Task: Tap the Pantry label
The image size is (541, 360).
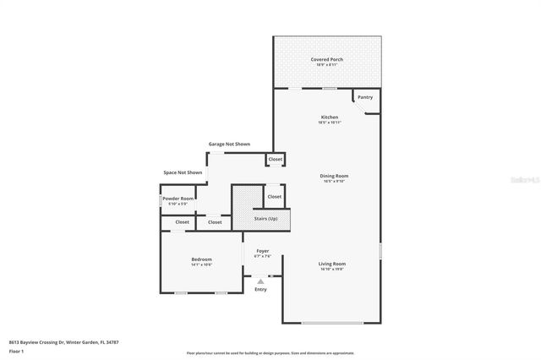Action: click(364, 97)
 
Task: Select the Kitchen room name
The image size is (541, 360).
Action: click(329, 117)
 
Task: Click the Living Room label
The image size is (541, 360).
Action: click(331, 264)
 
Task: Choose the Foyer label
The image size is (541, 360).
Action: click(263, 251)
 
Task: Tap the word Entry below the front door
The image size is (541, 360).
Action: click(260, 290)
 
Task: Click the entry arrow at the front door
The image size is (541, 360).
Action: click(260, 281)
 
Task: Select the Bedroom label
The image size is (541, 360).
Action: click(201, 259)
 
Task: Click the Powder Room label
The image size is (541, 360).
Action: click(181, 199)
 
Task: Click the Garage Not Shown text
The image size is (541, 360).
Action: click(229, 145)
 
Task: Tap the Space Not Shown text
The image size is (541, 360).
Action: click(183, 172)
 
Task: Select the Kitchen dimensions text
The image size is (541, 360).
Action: click(329, 123)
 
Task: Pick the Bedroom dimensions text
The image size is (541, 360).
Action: click(201, 265)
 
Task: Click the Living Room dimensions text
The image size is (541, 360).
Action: click(331, 270)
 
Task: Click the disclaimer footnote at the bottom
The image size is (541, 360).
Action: click(270, 352)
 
